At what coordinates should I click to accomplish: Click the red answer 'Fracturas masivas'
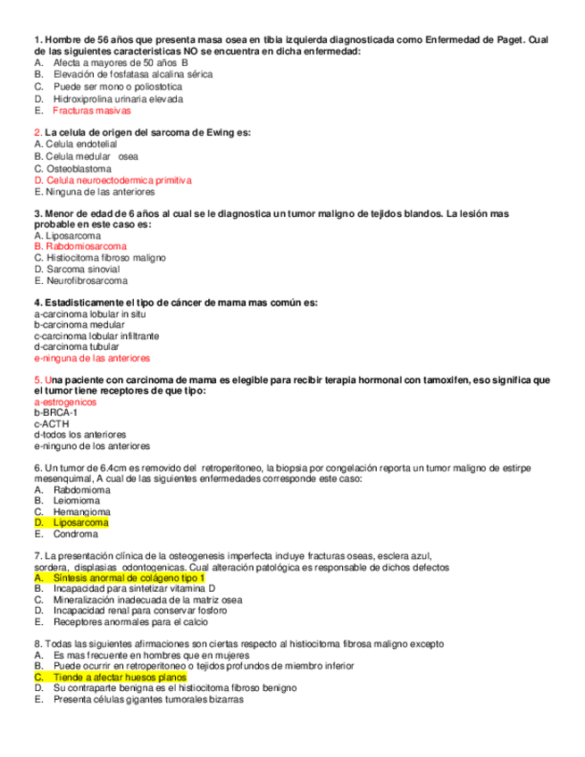(91, 112)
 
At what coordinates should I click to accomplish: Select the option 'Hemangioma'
(81, 512)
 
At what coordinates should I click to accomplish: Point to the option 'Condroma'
(75, 534)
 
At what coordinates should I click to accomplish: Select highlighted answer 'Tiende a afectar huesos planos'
(120, 678)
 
